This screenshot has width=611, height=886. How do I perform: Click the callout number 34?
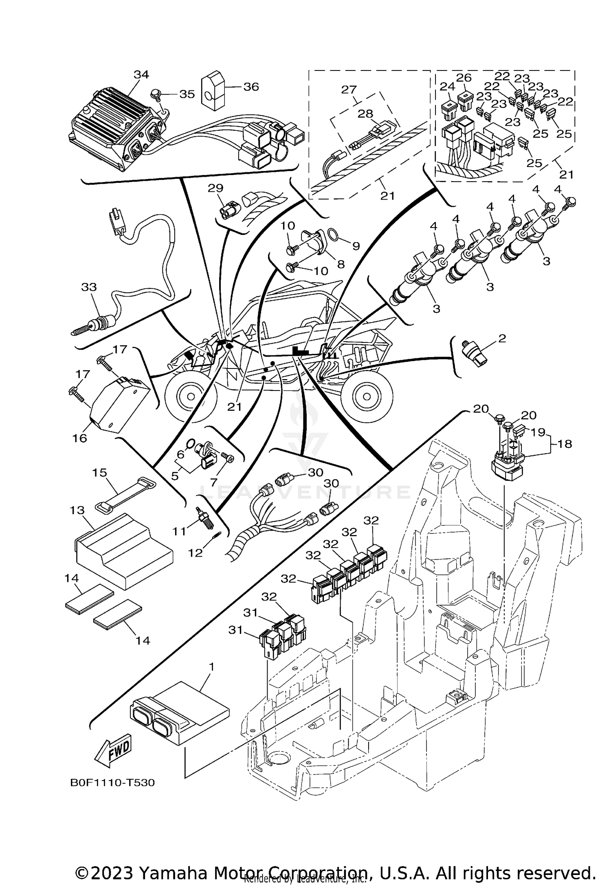click(x=141, y=75)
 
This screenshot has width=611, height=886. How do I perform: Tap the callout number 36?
click(x=251, y=87)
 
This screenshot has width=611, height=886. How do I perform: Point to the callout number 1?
click(x=211, y=667)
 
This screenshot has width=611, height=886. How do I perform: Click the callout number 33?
click(x=89, y=287)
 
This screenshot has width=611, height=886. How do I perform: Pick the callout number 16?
click(x=80, y=438)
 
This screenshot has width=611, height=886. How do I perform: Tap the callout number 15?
click(x=99, y=473)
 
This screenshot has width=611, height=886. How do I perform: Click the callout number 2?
click(x=502, y=338)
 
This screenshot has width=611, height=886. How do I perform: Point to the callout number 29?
click(x=215, y=188)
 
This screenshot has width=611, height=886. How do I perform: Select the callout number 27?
click(x=349, y=90)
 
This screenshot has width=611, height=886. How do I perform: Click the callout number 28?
click(x=365, y=114)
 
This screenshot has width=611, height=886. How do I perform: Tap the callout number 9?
click(x=356, y=246)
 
